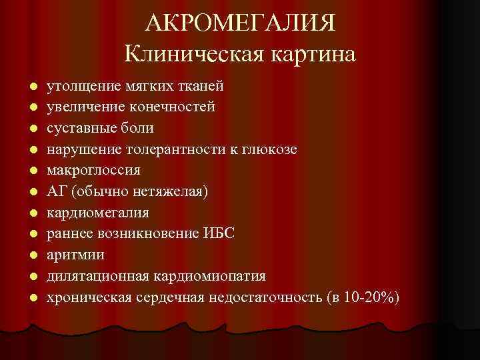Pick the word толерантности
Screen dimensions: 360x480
pyautogui.click(x=189, y=149)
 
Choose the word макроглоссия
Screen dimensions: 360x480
pyautogui.click(x=93, y=170)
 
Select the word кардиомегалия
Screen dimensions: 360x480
pyautogui.click(x=97, y=213)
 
